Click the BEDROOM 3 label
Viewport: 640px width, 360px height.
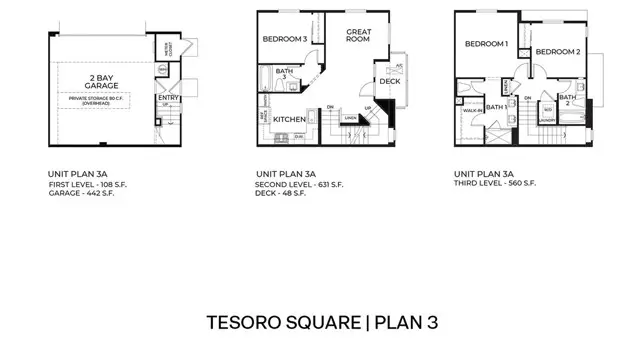click(285, 39)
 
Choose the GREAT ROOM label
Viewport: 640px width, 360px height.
click(359, 37)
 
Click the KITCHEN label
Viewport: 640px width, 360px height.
click(289, 119)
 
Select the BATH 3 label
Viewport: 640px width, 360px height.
click(284, 74)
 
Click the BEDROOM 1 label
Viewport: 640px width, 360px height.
click(486, 44)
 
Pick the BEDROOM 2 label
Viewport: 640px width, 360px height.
click(557, 51)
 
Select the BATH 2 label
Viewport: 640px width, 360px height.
click(567, 99)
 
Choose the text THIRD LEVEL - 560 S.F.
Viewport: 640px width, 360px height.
click(494, 184)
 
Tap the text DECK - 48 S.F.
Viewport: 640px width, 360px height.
click(280, 193)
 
